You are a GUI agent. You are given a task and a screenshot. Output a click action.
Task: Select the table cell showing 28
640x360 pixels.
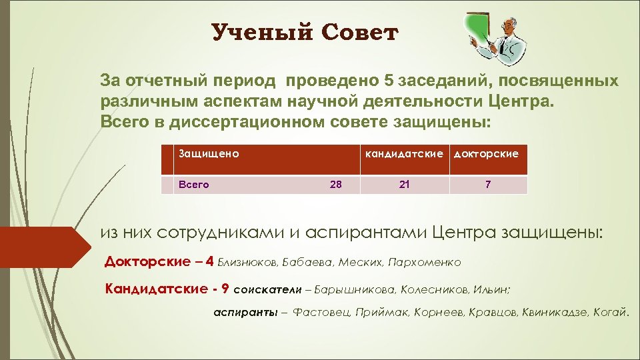coord(335,185)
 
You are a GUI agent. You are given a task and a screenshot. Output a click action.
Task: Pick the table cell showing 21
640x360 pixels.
coord(405,185)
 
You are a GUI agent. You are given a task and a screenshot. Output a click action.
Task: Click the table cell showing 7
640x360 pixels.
coord(488,185)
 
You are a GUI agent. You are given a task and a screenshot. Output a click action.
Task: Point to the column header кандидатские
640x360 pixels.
coord(405,153)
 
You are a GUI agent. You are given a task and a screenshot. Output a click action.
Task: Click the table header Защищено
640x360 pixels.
coord(207,153)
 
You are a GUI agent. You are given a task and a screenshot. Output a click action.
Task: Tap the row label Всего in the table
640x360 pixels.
coord(193,185)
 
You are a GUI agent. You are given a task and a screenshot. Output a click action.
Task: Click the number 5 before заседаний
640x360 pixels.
coord(389,81)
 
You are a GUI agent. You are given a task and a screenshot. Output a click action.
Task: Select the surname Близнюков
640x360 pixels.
coord(245,262)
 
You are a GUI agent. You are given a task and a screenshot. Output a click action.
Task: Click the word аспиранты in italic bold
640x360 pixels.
coord(241,312)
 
